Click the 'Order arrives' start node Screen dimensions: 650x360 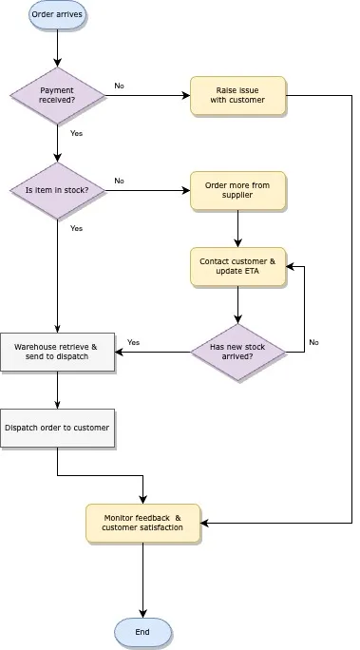[x=57, y=15]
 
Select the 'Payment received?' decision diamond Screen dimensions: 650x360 [x=57, y=95]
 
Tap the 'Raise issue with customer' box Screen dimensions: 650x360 [x=237, y=95]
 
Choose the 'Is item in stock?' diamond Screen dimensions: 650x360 [x=57, y=190]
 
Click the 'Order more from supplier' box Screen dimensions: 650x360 [x=237, y=190]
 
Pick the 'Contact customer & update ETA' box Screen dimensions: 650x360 [x=237, y=266]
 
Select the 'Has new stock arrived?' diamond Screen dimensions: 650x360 [x=237, y=352]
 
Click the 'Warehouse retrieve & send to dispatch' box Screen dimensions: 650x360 [x=57, y=352]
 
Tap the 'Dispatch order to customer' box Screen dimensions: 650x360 [x=57, y=428]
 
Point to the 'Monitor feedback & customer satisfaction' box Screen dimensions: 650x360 [x=142, y=523]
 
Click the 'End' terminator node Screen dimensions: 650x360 [x=142, y=632]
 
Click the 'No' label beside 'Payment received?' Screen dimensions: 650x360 [x=119, y=86]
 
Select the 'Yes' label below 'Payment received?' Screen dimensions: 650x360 [x=76, y=133]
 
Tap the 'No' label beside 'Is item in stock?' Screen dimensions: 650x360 [x=119, y=181]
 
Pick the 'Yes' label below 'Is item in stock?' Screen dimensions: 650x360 [x=76, y=228]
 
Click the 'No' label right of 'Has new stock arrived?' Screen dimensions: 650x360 [x=313, y=342]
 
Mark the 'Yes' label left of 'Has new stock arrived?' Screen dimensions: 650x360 [x=133, y=342]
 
